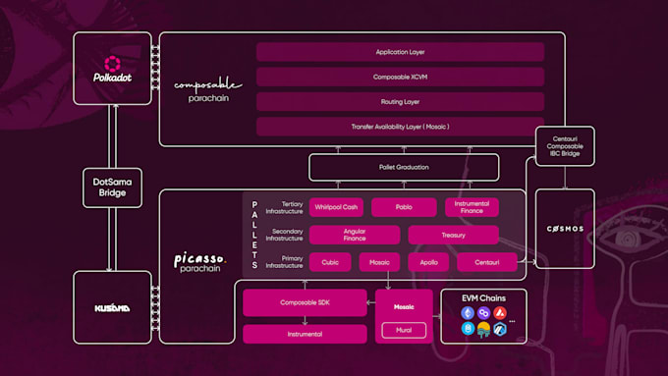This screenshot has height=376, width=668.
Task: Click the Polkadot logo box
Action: (113, 70)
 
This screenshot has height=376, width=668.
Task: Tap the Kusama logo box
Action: (113, 307)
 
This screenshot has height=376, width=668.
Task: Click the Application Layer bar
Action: (400, 52)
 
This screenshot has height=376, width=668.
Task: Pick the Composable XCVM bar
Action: (400, 77)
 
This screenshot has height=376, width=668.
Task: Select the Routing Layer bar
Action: (400, 101)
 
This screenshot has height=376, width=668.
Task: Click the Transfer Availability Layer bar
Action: (400, 126)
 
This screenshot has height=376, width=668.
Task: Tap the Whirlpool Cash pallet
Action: (336, 207)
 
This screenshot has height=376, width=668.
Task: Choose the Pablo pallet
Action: (404, 207)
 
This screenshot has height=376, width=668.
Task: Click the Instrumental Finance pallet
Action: (472, 207)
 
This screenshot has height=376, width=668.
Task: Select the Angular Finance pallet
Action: (355, 235)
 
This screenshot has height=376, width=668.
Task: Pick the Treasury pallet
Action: (453, 235)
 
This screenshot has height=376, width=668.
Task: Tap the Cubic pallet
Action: (330, 262)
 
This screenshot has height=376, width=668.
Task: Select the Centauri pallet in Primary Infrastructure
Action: (486, 262)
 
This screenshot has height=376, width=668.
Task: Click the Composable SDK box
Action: (305, 303)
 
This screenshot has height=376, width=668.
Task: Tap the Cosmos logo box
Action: (564, 229)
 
